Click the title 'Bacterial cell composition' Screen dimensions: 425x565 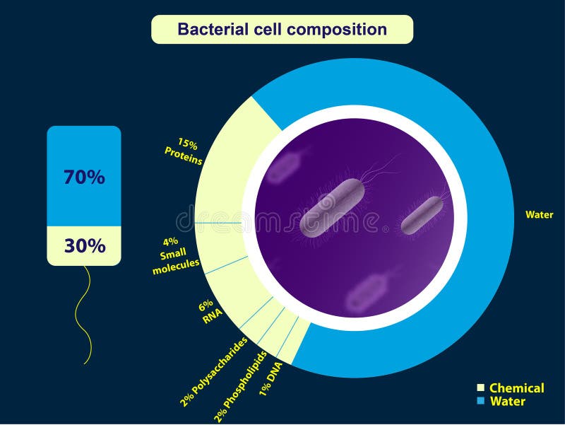pos(282,30)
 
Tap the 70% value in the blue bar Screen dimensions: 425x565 pos(84,177)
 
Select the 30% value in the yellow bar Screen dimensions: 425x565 pos(84,246)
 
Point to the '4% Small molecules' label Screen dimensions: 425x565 pos(176,255)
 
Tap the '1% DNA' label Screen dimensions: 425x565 pos(271,378)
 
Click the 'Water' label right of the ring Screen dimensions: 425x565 pos(540,214)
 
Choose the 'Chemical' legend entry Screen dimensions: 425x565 pos(516,388)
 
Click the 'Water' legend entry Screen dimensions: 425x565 pos(507,402)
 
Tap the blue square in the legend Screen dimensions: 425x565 pos(480,402)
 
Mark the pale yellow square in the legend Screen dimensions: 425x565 pos(480,388)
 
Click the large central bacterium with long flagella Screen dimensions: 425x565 pos(333,208)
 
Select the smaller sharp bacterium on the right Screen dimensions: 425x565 pos(422,215)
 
